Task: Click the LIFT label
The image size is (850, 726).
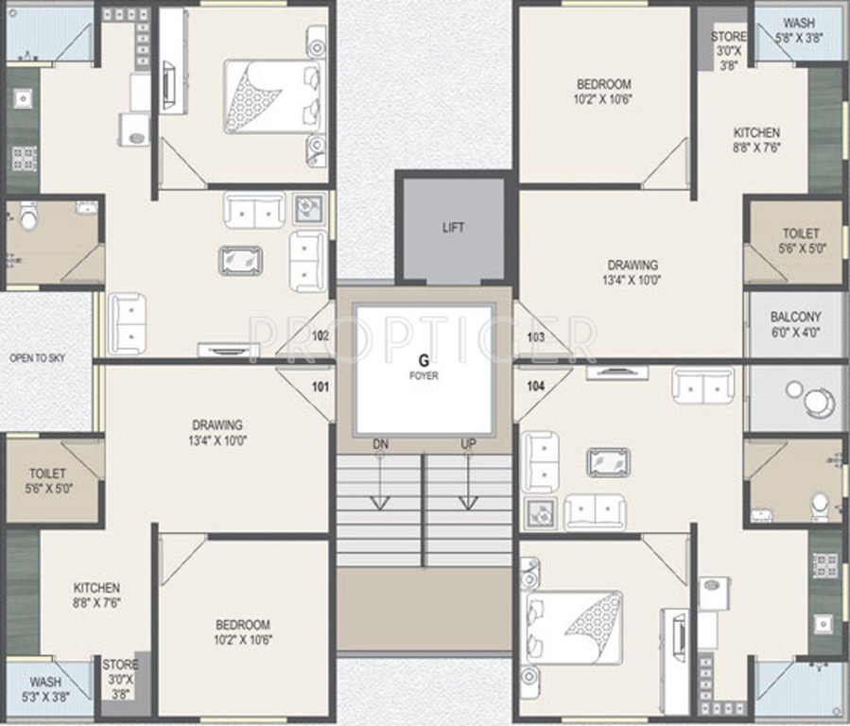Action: click(454, 228)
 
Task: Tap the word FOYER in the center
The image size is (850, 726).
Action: click(425, 375)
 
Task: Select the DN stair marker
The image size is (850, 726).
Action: click(379, 443)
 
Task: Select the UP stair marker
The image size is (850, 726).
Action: click(469, 443)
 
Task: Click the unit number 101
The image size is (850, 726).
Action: click(320, 386)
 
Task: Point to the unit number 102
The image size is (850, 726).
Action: click(320, 336)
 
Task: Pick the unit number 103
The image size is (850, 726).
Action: click(536, 336)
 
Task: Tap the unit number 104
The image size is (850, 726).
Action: click(536, 386)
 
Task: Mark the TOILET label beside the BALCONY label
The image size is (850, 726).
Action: click(800, 241)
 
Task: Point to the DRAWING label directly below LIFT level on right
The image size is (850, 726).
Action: click(633, 272)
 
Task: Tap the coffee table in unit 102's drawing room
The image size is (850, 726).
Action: click(241, 260)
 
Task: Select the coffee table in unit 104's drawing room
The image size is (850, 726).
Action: click(608, 462)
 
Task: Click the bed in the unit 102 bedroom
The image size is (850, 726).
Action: click(270, 97)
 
